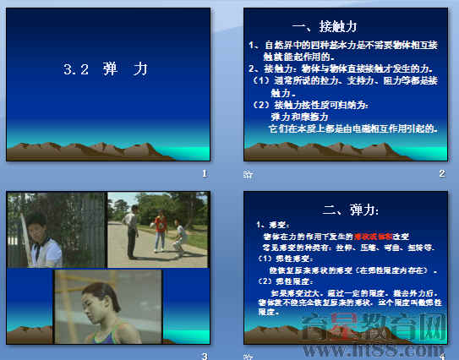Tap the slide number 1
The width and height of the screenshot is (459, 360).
pyautogui.click(x=204, y=173)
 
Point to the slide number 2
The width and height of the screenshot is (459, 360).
pyautogui.click(x=441, y=173)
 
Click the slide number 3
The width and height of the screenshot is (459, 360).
pyautogui.click(x=204, y=356)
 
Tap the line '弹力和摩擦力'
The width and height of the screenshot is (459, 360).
pyautogui.click(x=301, y=117)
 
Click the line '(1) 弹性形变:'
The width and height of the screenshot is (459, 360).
pyautogui.click(x=279, y=259)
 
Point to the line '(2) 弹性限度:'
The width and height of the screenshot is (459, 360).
pyautogui.click(x=279, y=281)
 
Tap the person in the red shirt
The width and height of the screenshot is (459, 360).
pyautogui.click(x=159, y=231)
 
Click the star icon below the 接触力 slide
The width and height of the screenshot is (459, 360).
pyautogui.click(x=247, y=174)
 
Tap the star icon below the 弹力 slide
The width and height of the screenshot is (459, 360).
pyautogui.click(x=247, y=356)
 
